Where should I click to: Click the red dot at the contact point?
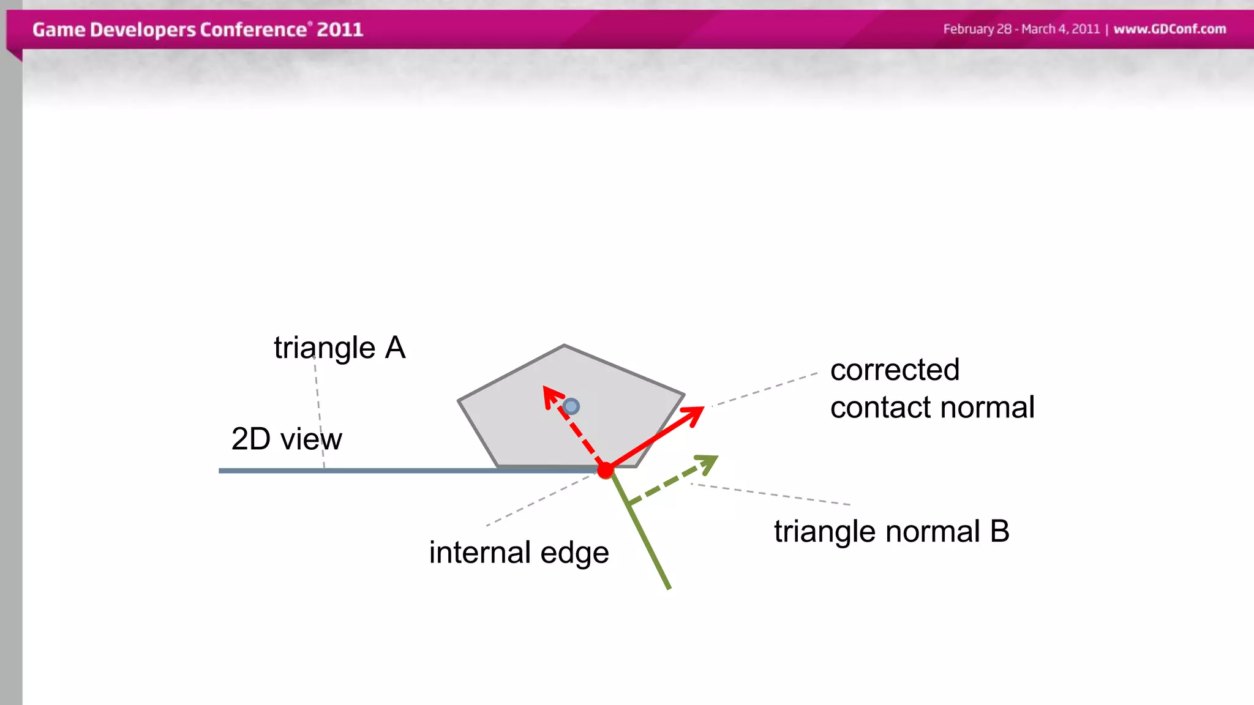(x=605, y=470)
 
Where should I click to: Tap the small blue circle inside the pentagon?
(x=571, y=406)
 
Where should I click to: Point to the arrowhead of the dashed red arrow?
(x=550, y=393)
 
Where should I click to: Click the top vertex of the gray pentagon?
(x=564, y=346)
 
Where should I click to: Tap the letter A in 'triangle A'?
(x=395, y=348)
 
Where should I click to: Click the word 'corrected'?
(x=894, y=370)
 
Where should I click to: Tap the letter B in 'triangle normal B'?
(x=999, y=531)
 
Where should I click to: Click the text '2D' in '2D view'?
(x=250, y=439)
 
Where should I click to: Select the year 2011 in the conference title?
(x=340, y=29)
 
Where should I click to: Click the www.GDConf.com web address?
(x=1170, y=29)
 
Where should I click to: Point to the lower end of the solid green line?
(x=669, y=587)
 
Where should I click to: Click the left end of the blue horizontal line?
(x=220, y=471)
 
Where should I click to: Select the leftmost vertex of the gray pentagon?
(x=459, y=401)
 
